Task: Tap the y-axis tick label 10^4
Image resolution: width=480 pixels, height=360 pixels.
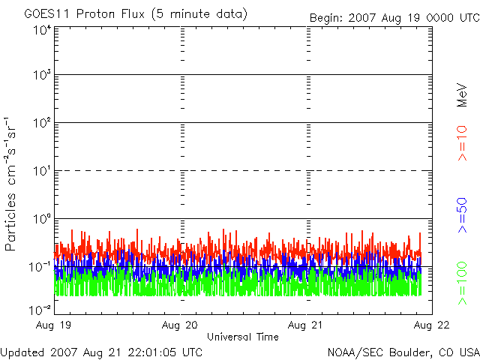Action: coord(42,31)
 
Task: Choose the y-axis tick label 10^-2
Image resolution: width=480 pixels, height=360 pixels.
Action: coord(40,309)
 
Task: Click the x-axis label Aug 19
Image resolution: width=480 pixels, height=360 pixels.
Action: coord(55,325)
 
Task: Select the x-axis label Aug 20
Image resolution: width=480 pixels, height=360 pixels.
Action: coord(180,325)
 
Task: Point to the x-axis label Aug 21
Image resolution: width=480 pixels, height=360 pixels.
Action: coord(306,325)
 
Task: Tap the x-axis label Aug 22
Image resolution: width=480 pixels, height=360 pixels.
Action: coord(430,325)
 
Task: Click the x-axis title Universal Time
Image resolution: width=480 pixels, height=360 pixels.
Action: coord(242,337)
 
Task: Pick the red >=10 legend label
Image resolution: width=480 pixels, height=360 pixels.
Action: coord(463,143)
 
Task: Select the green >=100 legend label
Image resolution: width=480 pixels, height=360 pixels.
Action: coord(463,282)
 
